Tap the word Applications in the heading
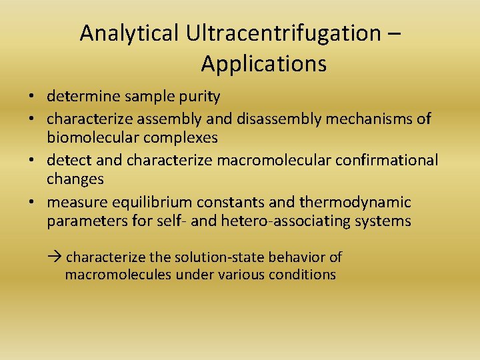pyautogui.click(x=263, y=64)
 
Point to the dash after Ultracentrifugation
pyautogui.click(x=393, y=33)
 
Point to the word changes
pyautogui.click(x=75, y=179)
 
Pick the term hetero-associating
pyautogui.click(x=293, y=221)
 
